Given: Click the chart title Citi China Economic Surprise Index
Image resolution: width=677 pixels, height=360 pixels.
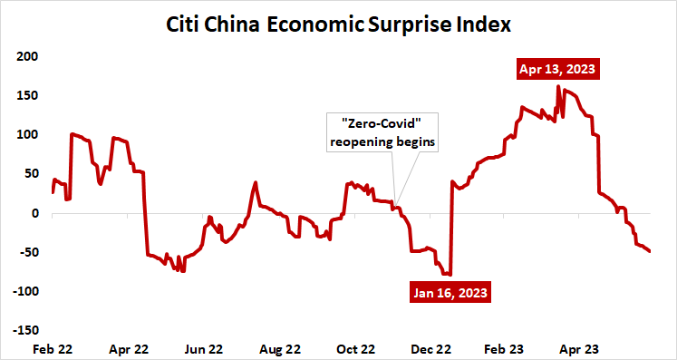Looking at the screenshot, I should click(339, 24).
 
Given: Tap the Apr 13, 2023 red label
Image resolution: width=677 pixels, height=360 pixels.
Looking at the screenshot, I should click(557, 68).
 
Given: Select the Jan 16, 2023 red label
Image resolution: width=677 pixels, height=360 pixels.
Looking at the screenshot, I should click(450, 293).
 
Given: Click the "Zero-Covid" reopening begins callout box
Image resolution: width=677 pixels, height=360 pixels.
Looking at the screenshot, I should click(382, 133).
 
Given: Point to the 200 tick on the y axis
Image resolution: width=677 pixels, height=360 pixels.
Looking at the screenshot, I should click(26, 57).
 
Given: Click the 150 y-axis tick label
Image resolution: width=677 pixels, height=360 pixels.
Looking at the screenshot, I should click(26, 96).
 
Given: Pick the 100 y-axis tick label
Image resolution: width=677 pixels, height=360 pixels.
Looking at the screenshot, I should click(26, 135).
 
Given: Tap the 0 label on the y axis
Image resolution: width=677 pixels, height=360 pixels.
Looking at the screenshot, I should click(34, 214).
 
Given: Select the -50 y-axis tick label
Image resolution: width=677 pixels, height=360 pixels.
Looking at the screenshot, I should click(26, 253).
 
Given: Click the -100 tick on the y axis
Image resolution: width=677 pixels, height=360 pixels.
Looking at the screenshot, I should click(24, 292).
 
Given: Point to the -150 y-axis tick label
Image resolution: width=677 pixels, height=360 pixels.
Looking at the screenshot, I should click(24, 331).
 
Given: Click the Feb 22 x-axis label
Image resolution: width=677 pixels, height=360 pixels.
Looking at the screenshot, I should click(53, 348).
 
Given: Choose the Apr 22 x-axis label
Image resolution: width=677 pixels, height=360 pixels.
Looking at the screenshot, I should click(129, 348).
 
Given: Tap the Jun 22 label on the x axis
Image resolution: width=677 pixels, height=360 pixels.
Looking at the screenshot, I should click(204, 348).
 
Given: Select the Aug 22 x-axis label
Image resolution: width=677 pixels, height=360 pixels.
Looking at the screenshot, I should click(280, 348).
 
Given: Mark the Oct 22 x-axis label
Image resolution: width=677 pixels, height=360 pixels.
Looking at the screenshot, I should click(355, 348).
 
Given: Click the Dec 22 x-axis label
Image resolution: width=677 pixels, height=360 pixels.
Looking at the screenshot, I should click(431, 348).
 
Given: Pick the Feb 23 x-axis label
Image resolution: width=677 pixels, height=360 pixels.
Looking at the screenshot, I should click(507, 348).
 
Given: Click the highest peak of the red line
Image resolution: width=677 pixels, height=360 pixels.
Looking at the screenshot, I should click(557, 87).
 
